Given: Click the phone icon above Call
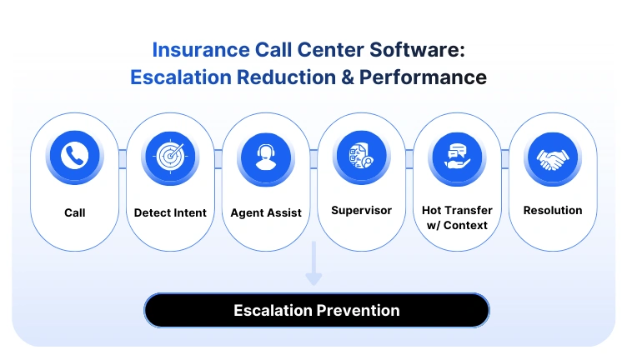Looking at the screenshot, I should click(x=75, y=155).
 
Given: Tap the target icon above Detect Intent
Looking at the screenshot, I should click(x=170, y=155).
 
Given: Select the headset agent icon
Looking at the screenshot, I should click(x=266, y=155).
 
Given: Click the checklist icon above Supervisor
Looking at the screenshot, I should click(x=361, y=154).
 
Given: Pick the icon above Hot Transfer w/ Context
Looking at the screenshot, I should click(x=457, y=155).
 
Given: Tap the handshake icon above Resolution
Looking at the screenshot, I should click(x=552, y=155).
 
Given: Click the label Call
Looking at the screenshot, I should click(x=75, y=212).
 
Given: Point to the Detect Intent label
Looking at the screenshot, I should click(x=170, y=212).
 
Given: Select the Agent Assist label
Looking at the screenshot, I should click(x=266, y=212).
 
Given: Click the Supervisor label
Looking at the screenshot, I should click(x=361, y=210).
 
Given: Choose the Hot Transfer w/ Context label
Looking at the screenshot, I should click(x=457, y=217).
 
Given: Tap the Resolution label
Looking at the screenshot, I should click(x=552, y=210).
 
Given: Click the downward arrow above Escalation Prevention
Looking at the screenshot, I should click(x=313, y=266).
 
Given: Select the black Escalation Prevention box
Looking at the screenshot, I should click(x=316, y=311).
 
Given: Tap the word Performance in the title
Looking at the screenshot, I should click(x=434, y=77).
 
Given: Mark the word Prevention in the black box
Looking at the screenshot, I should click(x=358, y=311).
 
